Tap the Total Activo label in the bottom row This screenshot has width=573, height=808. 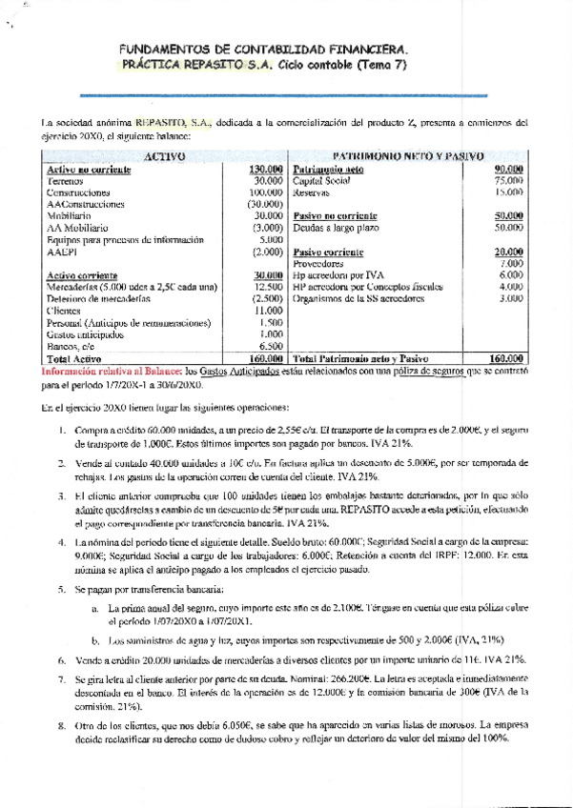click(73, 359)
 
